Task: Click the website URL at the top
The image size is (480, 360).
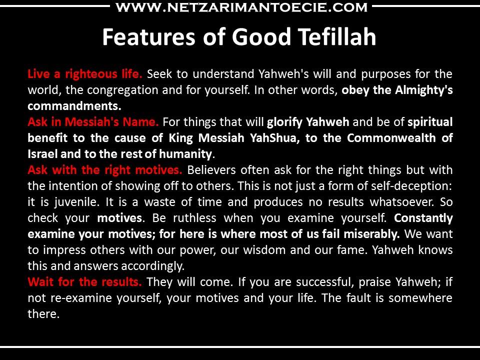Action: coord(241,7)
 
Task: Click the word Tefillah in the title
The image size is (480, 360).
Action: coord(337,36)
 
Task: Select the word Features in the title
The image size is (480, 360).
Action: coord(149,36)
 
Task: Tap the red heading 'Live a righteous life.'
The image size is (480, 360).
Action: coord(85,74)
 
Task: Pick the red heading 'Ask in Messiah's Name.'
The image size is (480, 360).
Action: coord(93,122)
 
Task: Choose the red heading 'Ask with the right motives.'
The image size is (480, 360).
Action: coord(105,170)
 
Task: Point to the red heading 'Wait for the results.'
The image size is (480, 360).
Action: coord(85,281)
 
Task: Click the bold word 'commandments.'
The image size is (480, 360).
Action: coord(74,106)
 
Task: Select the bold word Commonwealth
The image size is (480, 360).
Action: coord(391,138)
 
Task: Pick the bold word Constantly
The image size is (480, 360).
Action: coord(423,218)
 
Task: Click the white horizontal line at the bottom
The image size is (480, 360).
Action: coord(240,347)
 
